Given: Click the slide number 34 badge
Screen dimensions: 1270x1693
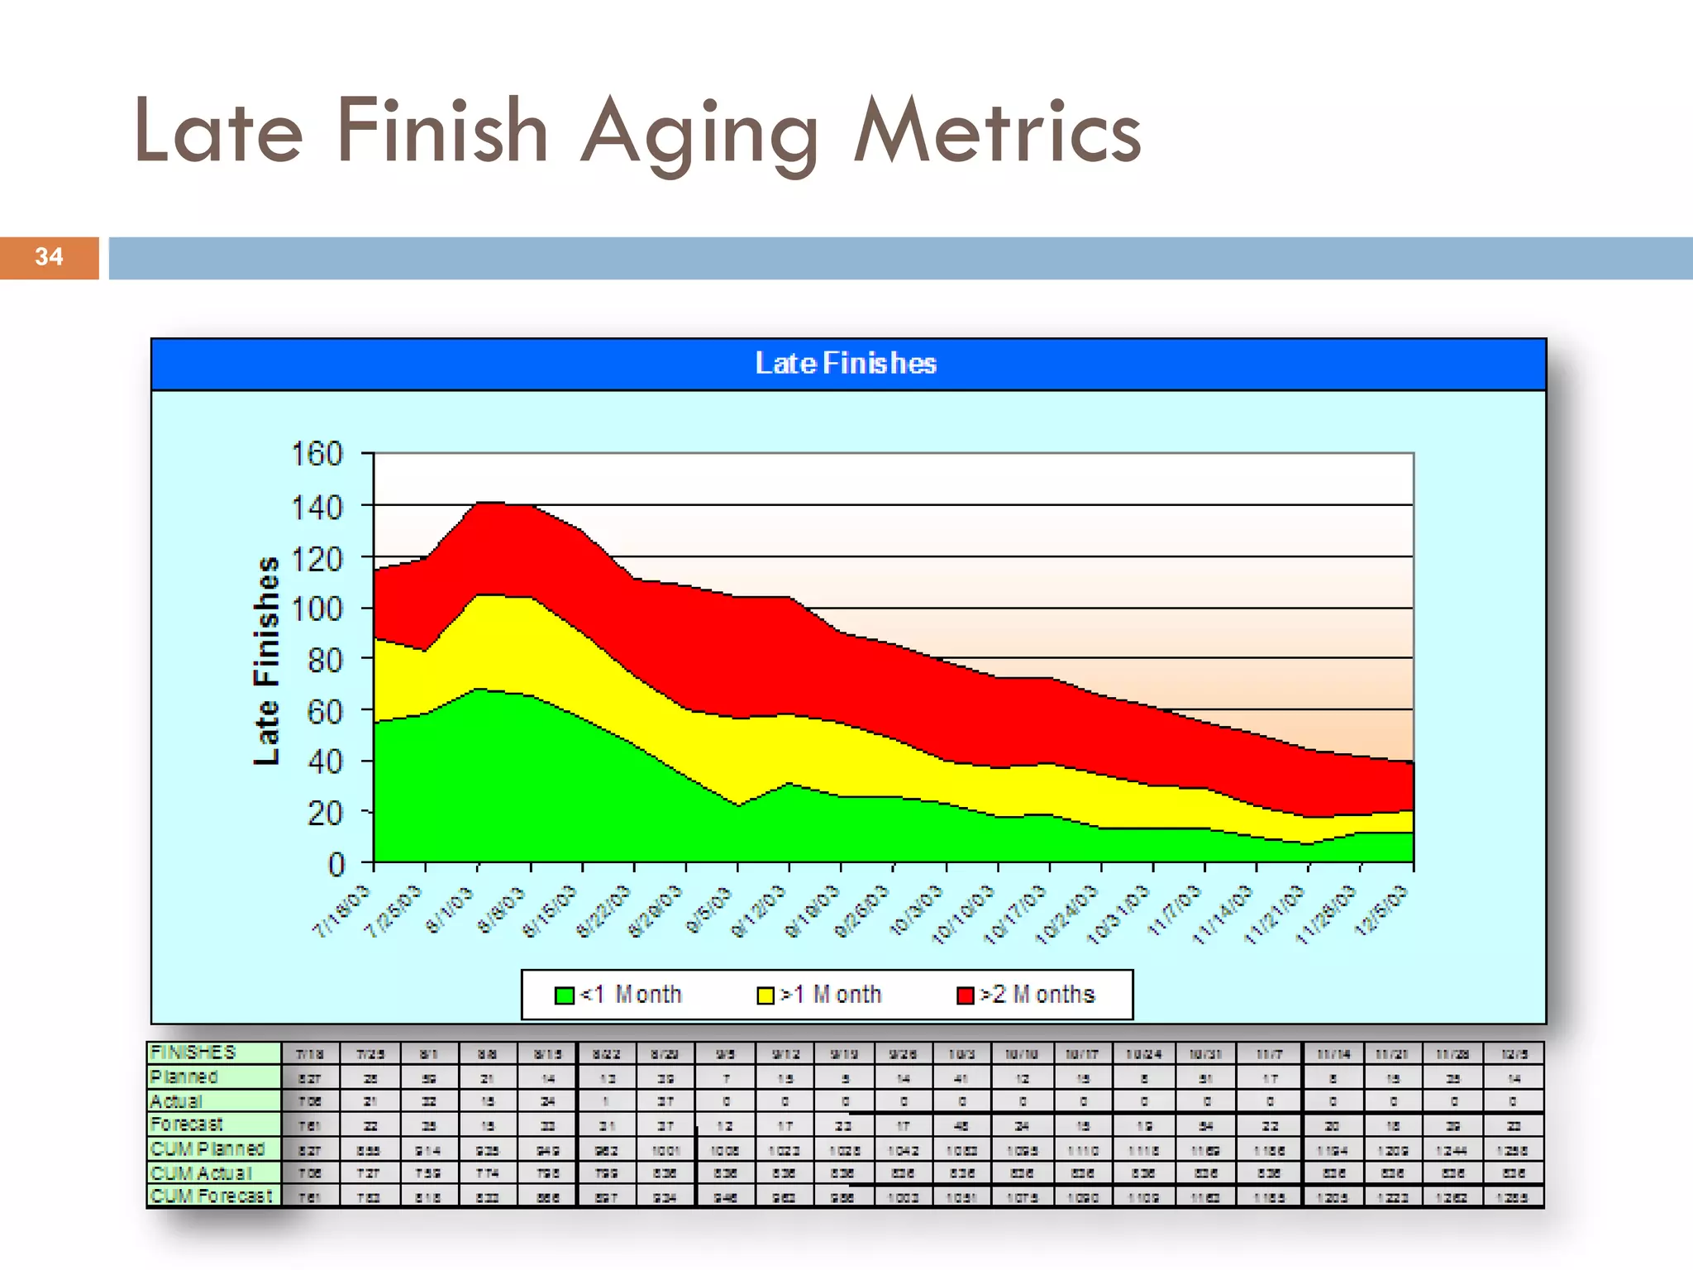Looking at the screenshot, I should pos(49,257).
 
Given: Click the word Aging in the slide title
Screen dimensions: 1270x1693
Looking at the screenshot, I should pos(699,132).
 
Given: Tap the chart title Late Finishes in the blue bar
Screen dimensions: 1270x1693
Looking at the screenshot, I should pos(846,364).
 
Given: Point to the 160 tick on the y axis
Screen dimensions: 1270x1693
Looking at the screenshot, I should pos(317,454).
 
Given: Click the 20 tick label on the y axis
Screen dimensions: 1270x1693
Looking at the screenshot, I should pos(324,813).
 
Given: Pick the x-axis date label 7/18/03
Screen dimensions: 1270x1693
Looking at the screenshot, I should pos(341,910).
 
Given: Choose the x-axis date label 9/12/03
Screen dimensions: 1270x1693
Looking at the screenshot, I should pos(758,912).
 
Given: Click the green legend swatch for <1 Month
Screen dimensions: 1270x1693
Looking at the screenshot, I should pos(565,995).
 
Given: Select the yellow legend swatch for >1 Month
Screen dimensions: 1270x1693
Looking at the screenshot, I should pos(765,995).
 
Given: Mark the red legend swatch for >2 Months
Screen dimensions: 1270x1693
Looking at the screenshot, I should pos(966,995).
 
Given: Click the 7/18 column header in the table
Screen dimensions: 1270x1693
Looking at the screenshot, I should pos(310,1054).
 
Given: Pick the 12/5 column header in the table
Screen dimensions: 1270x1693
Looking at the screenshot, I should pos(1514,1054).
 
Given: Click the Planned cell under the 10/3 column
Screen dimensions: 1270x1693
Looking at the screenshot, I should pos(962,1078).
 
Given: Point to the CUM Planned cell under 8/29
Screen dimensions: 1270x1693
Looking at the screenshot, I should pos(665,1150).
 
